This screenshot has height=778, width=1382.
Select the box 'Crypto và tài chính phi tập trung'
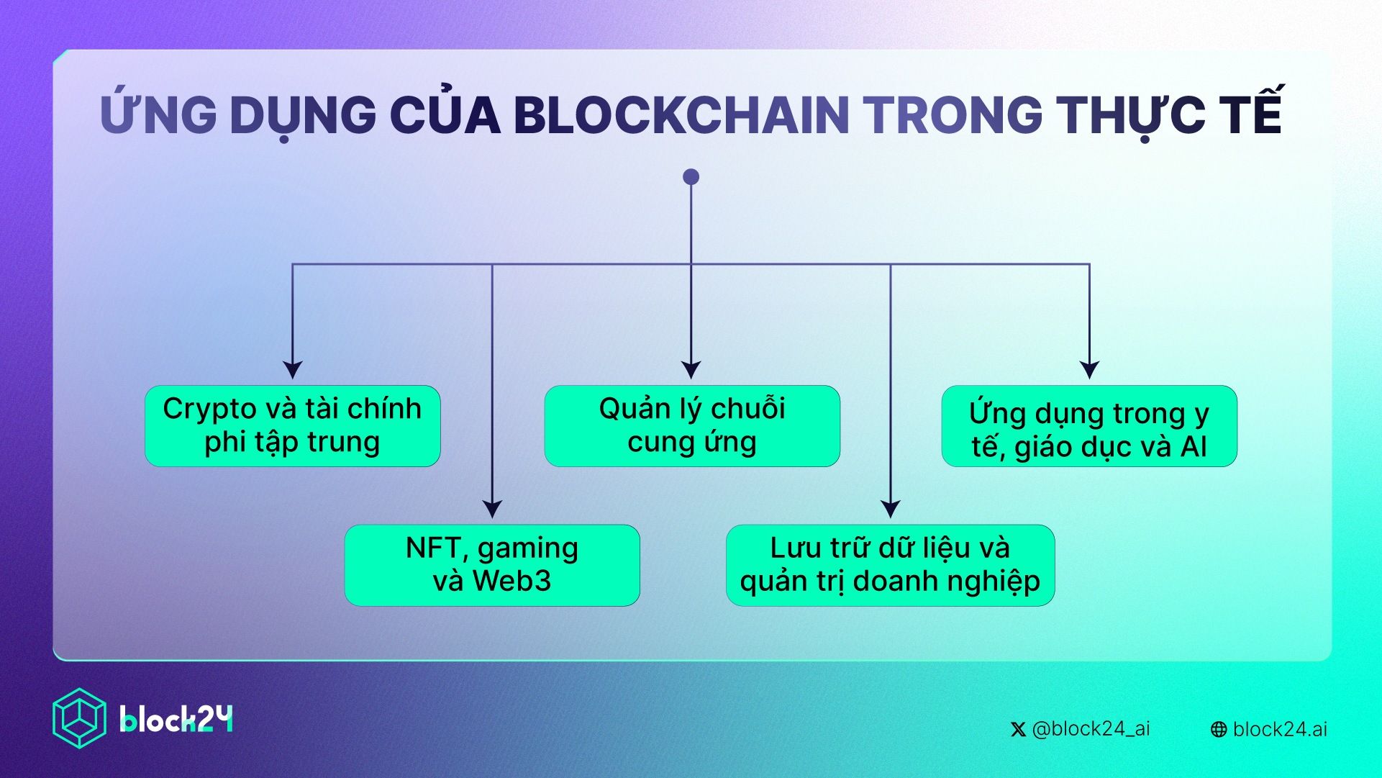click(x=292, y=425)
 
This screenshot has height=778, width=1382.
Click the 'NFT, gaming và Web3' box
click(x=492, y=565)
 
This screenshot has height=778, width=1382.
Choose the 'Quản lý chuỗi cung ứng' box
click(x=692, y=425)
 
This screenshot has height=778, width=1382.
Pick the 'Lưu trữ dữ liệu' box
click(x=890, y=565)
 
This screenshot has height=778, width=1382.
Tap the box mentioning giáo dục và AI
click(x=1089, y=425)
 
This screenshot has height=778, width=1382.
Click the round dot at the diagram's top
click(x=691, y=177)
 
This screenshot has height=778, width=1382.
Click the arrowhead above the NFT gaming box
click(x=492, y=509)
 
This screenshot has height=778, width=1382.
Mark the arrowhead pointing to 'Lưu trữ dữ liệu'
click(x=891, y=509)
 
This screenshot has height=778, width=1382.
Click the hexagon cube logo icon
click(x=79, y=718)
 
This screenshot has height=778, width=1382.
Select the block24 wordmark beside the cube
click(x=176, y=719)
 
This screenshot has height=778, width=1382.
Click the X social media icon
click(x=1018, y=730)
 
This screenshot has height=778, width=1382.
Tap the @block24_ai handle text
click(x=1091, y=729)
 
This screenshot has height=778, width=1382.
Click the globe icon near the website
click(x=1219, y=730)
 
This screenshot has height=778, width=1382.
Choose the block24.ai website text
click(x=1280, y=729)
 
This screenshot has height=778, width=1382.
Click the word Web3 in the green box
click(x=512, y=581)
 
